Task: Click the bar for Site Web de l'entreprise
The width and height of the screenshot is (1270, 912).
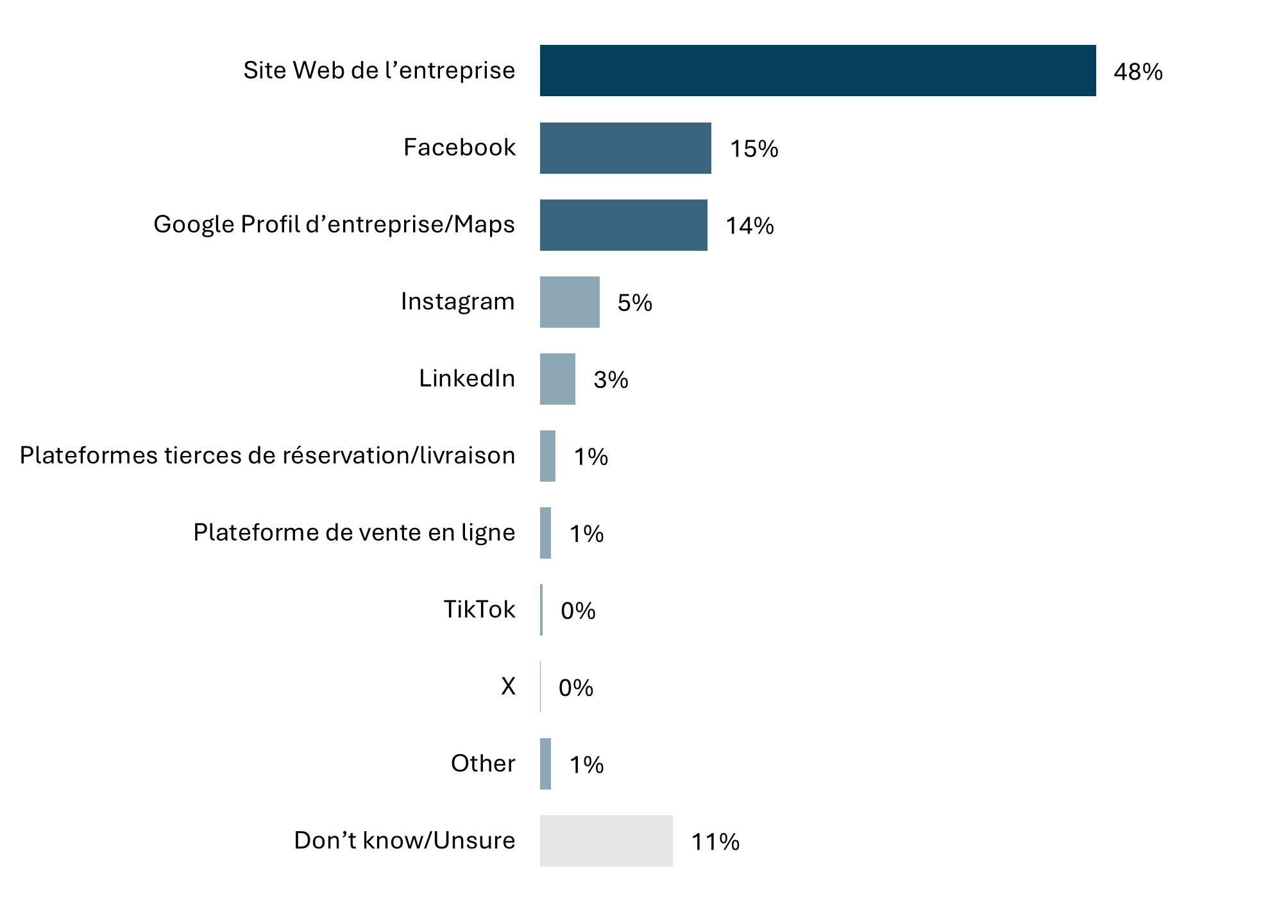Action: (818, 71)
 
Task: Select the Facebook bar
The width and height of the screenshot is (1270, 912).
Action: (625, 148)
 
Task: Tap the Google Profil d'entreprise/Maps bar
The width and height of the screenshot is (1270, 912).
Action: (623, 225)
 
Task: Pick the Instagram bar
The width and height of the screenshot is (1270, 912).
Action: (570, 302)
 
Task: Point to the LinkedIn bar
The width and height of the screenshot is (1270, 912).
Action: (557, 379)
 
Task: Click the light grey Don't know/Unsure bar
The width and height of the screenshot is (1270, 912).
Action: (606, 841)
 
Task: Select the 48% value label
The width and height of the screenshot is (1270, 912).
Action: (1138, 72)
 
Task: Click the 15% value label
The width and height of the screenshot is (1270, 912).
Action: (754, 149)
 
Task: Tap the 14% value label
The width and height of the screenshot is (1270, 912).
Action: (749, 226)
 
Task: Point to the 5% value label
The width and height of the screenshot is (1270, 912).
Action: (634, 303)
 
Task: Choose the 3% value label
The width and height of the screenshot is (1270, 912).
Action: (611, 380)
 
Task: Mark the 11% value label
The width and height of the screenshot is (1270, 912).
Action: (715, 841)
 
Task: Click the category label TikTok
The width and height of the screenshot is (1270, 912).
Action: (479, 609)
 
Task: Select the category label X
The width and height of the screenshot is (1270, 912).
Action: (508, 686)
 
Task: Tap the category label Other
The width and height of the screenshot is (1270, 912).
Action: (483, 763)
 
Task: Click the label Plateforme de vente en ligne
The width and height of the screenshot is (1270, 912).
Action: (354, 532)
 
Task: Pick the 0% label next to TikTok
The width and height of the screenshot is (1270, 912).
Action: (578, 611)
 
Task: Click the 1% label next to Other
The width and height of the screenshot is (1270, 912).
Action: (586, 764)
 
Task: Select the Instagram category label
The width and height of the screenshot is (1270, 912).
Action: (457, 301)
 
